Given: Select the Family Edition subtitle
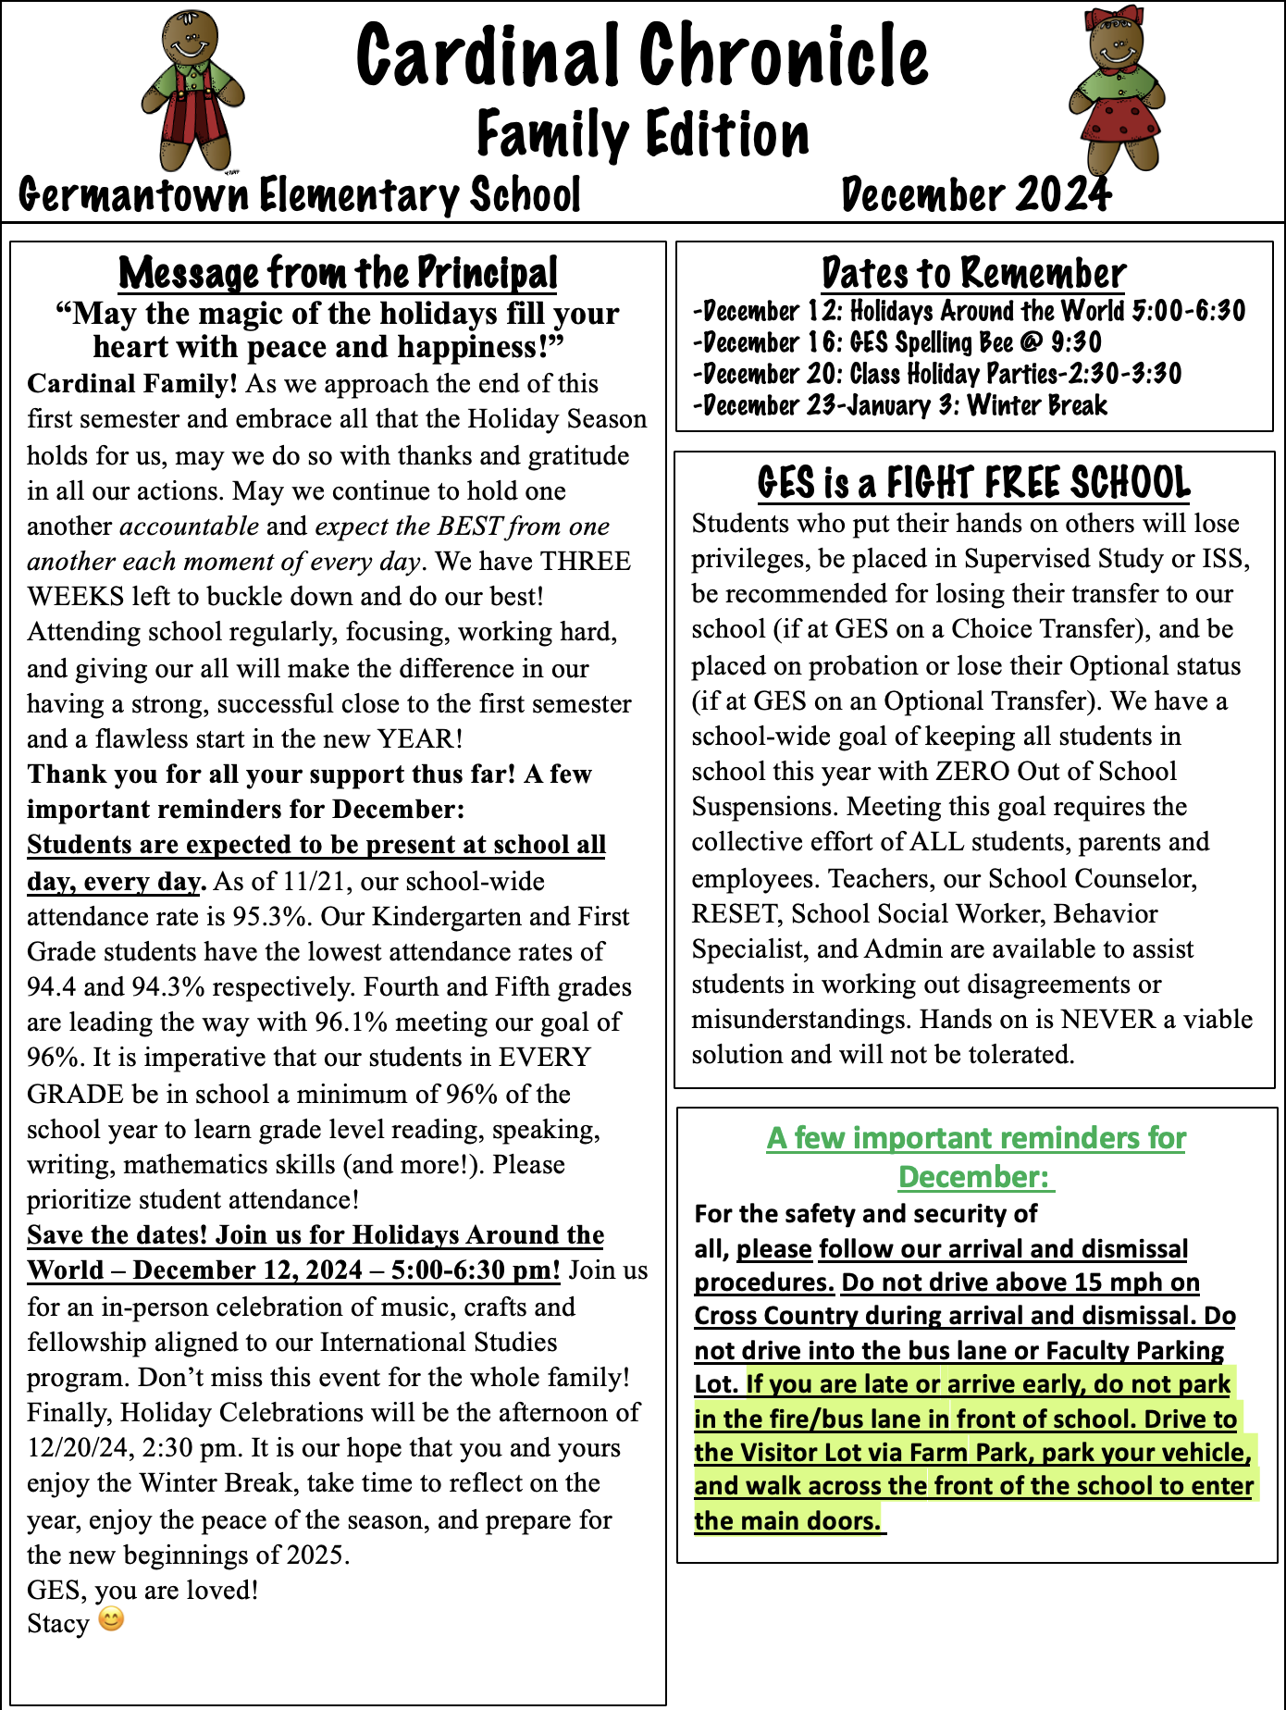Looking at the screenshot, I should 643,134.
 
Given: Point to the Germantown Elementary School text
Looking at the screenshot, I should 300,195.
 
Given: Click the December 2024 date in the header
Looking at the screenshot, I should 975,195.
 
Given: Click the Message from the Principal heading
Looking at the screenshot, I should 338,273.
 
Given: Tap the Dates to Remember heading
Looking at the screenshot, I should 973,273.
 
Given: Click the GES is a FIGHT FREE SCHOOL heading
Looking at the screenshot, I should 973,482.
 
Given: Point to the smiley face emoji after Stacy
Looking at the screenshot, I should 111,1619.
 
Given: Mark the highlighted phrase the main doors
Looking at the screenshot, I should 787,1520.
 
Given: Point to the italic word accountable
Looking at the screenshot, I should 190,526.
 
